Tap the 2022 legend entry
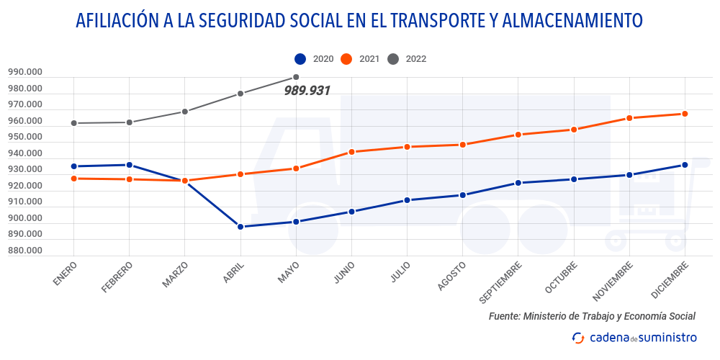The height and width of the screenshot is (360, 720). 407,59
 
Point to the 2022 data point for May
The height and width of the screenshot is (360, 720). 296,77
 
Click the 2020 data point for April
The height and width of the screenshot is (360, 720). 240,227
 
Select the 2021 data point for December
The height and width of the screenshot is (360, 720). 685,114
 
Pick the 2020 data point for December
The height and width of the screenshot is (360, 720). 685,165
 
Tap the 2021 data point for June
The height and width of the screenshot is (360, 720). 351,152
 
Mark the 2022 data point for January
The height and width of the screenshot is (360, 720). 73,123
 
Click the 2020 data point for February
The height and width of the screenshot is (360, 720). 129,165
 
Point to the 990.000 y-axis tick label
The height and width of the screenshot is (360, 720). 26,72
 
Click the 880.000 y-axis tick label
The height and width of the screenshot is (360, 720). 26,251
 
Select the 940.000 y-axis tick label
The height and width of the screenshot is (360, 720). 26,153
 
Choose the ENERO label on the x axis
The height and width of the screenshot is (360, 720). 65,274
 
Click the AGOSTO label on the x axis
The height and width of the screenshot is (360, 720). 452,276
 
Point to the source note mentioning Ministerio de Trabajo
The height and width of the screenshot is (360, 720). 592,316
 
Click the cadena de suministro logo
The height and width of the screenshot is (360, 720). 634,337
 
